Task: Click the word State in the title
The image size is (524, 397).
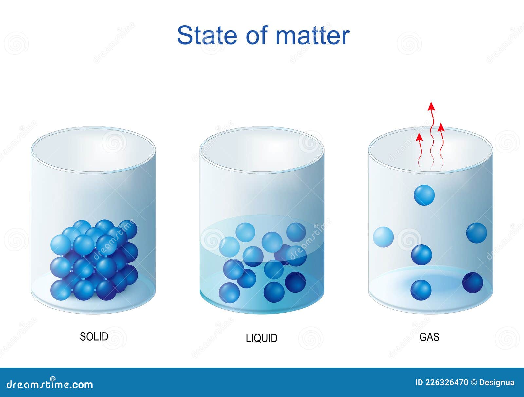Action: coord(207,35)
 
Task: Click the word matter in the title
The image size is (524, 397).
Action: coord(313,35)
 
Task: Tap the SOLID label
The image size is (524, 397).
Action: coord(94,337)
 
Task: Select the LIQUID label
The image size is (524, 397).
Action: coord(262,338)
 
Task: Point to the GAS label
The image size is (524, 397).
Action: coord(429,337)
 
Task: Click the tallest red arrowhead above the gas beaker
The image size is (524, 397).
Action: coord(431,106)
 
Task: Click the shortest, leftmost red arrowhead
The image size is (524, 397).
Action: coord(420,137)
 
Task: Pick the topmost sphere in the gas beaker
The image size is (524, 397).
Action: coord(424,195)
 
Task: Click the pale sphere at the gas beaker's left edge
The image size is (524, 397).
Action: coord(383,237)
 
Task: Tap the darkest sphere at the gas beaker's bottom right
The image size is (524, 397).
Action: coord(473,282)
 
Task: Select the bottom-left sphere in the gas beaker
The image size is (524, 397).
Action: coord(421,290)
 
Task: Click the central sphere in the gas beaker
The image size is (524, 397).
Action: coord(421,255)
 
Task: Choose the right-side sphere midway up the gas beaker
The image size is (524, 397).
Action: coord(477,233)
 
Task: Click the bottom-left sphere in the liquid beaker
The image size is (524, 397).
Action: coord(229,293)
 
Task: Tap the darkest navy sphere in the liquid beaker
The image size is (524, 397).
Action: coord(295,282)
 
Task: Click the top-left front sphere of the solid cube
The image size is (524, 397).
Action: coord(61,245)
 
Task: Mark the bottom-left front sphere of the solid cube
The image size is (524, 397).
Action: coord(61,290)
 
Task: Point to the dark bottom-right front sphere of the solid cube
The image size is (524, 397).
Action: coord(106,290)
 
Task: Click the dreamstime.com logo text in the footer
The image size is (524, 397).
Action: coord(50,385)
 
